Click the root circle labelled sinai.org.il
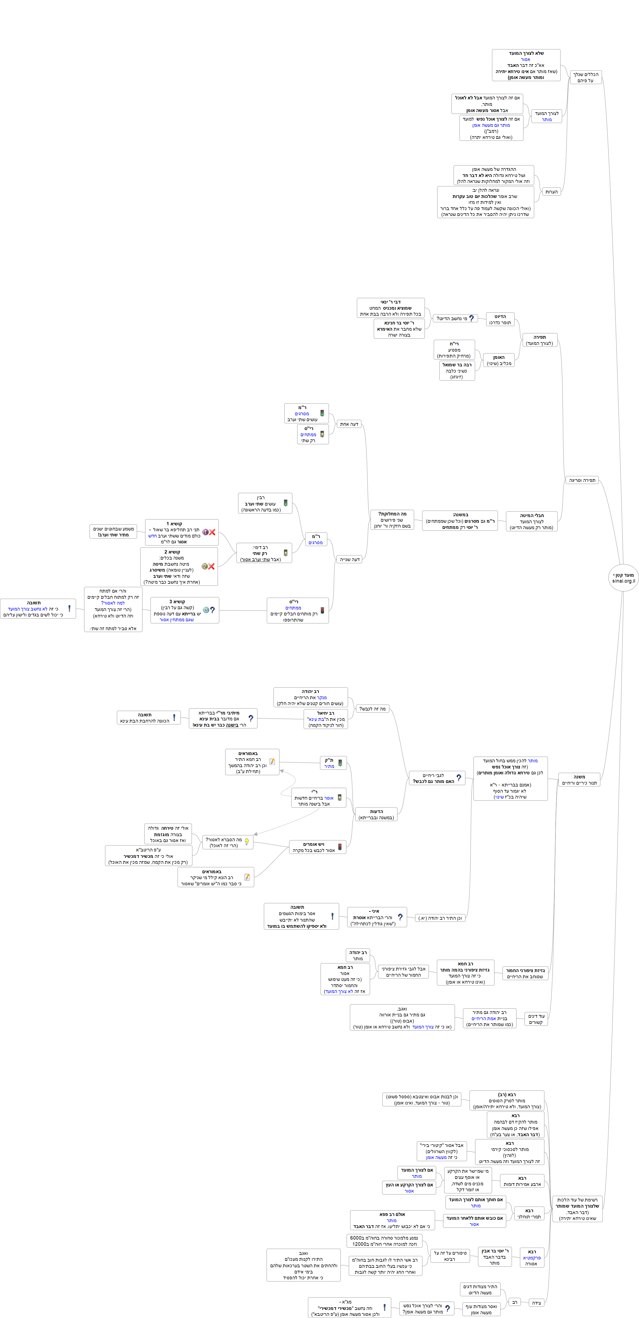[623, 578]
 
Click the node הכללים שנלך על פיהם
[585, 77]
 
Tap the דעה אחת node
[349, 424]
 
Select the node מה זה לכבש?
[372, 709]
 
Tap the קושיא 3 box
[185, 610]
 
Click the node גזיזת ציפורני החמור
[525, 973]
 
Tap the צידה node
[536, 1303]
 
